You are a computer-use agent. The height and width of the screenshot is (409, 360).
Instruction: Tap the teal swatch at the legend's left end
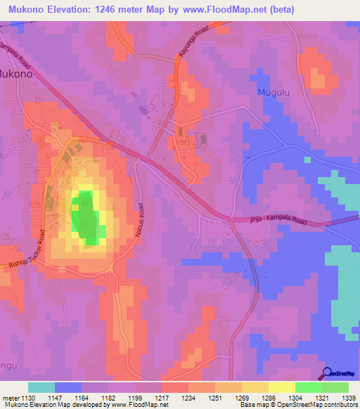[x=41, y=387]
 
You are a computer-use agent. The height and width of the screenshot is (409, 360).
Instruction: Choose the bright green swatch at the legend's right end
[x=335, y=387]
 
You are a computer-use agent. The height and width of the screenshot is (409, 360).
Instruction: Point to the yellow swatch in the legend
[x=282, y=387]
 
